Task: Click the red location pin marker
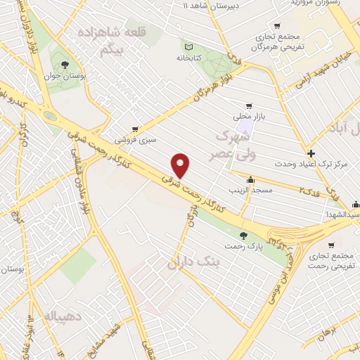click(x=181, y=166)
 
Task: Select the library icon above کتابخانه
click(x=188, y=44)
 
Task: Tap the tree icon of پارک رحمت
click(x=243, y=236)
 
